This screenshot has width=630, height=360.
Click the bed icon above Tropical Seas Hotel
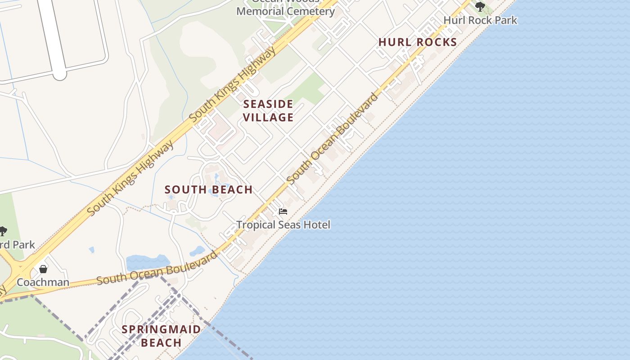click(283, 211)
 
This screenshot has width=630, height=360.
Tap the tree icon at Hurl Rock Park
click(480, 6)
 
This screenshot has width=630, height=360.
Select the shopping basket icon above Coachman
click(43, 269)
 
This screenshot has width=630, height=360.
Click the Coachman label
click(43, 283)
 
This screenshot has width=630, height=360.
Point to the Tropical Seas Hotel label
click(283, 225)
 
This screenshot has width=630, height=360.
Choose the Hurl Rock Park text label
click(480, 20)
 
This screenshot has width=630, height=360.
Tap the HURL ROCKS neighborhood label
click(418, 42)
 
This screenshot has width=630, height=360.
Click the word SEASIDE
click(268, 104)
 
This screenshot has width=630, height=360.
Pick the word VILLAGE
click(268, 117)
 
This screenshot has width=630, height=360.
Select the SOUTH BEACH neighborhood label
click(208, 190)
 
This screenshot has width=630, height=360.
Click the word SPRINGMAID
click(161, 329)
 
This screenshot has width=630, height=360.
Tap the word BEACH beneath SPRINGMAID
click(161, 343)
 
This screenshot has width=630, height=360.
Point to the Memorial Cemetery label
click(285, 11)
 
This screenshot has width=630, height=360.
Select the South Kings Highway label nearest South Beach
click(130, 178)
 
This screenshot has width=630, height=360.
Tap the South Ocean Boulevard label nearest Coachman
click(157, 269)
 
